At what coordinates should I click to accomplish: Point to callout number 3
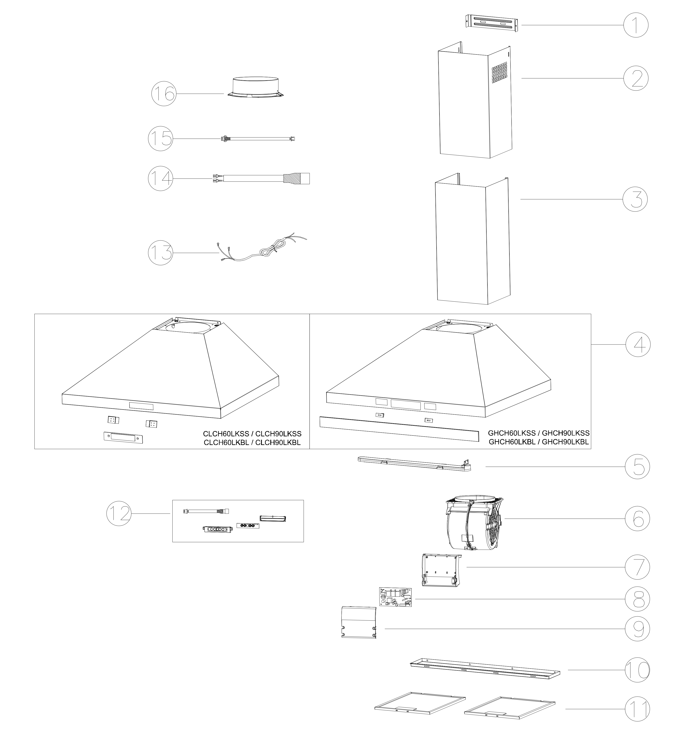point(635,199)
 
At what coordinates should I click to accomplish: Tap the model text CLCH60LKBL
point(226,442)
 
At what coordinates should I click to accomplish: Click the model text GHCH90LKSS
point(566,433)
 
